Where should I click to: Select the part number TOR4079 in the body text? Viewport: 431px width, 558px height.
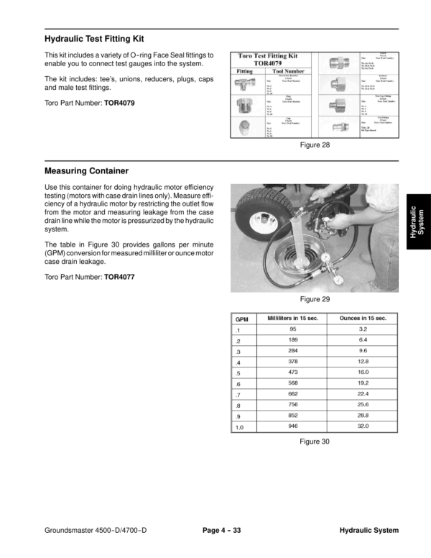point(119,103)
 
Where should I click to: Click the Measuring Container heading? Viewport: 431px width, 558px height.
point(86,171)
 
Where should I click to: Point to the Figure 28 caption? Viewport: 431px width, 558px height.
point(315,145)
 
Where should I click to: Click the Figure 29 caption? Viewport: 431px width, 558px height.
point(315,299)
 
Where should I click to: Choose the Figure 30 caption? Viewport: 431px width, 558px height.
point(315,442)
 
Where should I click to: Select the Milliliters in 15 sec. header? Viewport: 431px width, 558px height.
point(293,318)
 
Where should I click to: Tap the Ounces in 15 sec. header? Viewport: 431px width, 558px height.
point(363,318)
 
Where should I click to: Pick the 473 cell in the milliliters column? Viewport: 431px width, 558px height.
point(293,372)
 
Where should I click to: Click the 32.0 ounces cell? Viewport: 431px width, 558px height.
point(363,426)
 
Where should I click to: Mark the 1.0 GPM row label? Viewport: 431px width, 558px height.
point(240,427)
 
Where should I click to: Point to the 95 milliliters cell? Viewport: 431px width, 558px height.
point(293,329)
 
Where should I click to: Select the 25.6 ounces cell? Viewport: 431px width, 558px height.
point(363,404)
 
